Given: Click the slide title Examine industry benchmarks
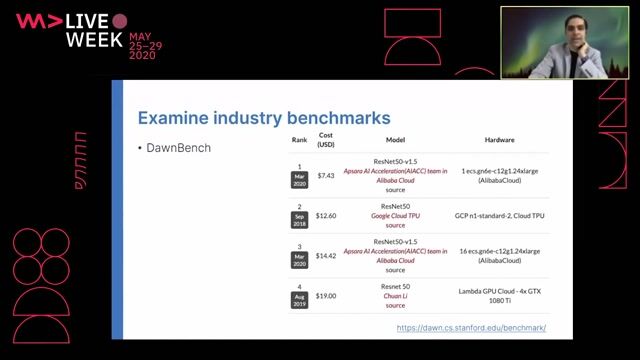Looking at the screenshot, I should (249, 117).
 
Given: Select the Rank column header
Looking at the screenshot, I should (299, 141).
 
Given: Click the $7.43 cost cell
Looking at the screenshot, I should (326, 175).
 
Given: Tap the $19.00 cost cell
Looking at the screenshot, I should (326, 296).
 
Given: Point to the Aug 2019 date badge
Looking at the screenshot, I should (299, 301).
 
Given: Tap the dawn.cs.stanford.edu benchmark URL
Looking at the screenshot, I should (471, 328).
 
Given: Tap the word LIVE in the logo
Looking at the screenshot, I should (96, 20).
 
